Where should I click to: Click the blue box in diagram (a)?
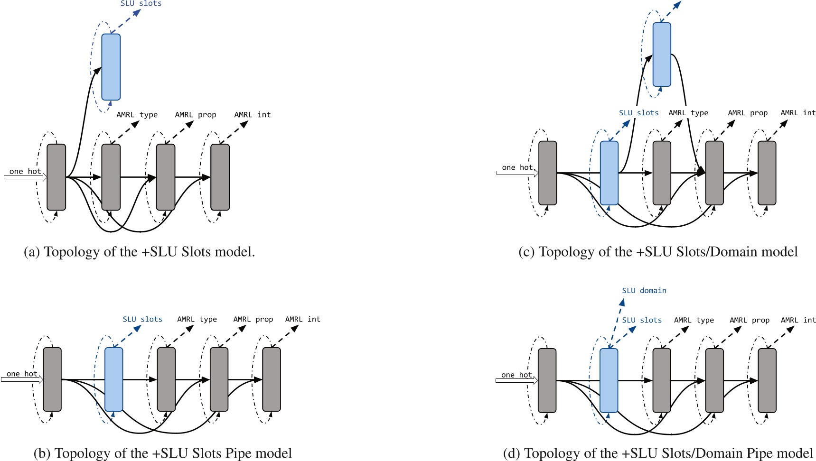click(111, 67)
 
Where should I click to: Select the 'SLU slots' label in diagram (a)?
click(141, 4)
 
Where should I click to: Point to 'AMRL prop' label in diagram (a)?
click(196, 115)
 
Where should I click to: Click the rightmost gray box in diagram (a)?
click(220, 177)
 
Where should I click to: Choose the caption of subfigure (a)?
click(140, 251)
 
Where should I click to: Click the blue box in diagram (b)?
click(113, 379)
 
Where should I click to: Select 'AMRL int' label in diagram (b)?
click(302, 319)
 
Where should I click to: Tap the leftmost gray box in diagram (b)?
click(52, 379)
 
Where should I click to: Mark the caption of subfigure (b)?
click(163, 453)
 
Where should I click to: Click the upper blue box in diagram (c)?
click(662, 55)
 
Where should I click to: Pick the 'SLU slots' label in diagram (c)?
click(638, 113)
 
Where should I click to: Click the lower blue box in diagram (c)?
click(609, 173)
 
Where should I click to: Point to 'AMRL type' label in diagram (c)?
click(688, 113)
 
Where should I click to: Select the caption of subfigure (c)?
click(658, 251)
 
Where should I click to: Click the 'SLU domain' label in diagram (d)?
click(644, 291)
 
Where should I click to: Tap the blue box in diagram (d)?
click(609, 380)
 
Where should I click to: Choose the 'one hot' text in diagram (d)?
click(516, 375)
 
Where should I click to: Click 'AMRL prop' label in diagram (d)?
click(749, 320)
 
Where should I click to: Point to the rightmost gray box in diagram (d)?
click(767, 380)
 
